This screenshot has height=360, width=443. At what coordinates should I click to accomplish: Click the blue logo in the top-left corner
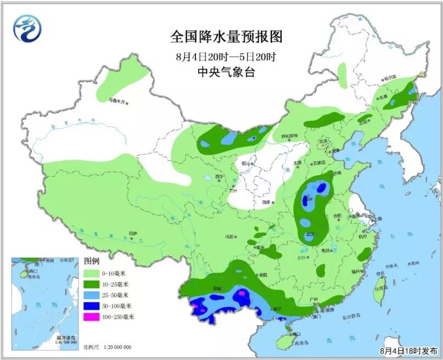(27, 28)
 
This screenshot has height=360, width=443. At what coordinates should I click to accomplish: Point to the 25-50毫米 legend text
(117, 295)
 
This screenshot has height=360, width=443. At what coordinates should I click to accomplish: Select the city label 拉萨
(132, 233)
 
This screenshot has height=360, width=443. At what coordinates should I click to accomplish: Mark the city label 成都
(229, 237)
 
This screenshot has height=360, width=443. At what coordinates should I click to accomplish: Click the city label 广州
(314, 300)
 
